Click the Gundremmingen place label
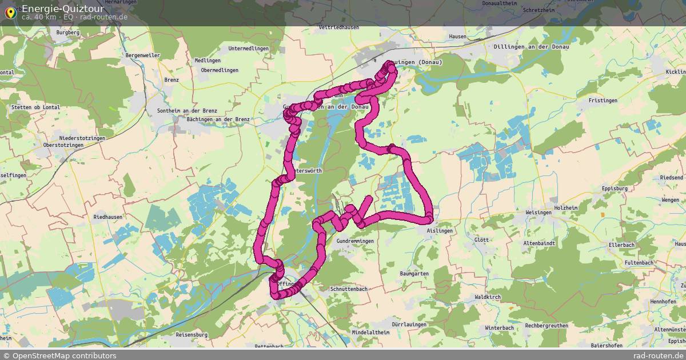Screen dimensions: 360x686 click(x=356, y=241)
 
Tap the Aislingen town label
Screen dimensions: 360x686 click(x=440, y=230)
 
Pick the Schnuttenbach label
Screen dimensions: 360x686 click(x=349, y=289)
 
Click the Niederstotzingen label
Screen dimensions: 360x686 click(x=82, y=138)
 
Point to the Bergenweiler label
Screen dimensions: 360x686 click(x=142, y=55)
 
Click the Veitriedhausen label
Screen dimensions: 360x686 click(x=339, y=27)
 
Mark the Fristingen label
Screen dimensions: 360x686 click(x=603, y=101)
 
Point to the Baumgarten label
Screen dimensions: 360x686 click(x=414, y=274)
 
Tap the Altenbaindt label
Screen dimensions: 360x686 click(x=539, y=243)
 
